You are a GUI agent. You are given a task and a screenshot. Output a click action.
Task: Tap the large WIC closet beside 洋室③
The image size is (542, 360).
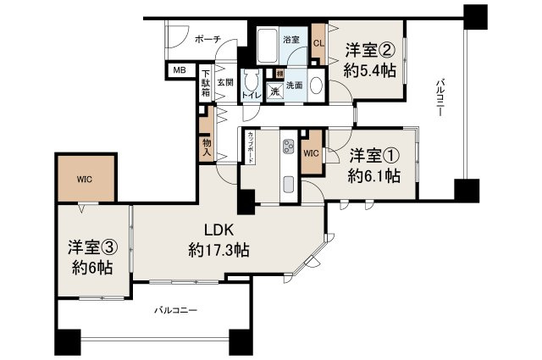coord(86,179)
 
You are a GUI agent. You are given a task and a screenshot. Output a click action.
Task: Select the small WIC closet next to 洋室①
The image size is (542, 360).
coord(311,153)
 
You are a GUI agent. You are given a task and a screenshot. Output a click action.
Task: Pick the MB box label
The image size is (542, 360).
coord(180,71)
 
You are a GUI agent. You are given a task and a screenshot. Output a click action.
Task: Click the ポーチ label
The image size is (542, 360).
coord(207,39)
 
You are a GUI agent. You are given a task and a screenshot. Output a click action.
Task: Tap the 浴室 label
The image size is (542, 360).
coord(290,39)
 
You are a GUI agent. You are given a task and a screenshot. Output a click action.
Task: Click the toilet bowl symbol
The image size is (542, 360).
coord(252,83)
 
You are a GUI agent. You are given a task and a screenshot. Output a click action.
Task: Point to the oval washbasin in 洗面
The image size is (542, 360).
coord(315,86)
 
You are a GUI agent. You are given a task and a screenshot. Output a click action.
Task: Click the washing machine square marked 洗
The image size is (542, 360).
coord(275,92)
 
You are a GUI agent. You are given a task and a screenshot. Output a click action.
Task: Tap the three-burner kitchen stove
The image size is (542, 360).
coord(287,147)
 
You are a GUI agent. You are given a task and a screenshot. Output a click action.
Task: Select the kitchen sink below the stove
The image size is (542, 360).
coord(287,184)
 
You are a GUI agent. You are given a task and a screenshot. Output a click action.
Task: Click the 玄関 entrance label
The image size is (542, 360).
coord(224,83)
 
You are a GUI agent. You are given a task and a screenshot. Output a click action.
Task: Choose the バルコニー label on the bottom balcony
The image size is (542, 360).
coord(177,311)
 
